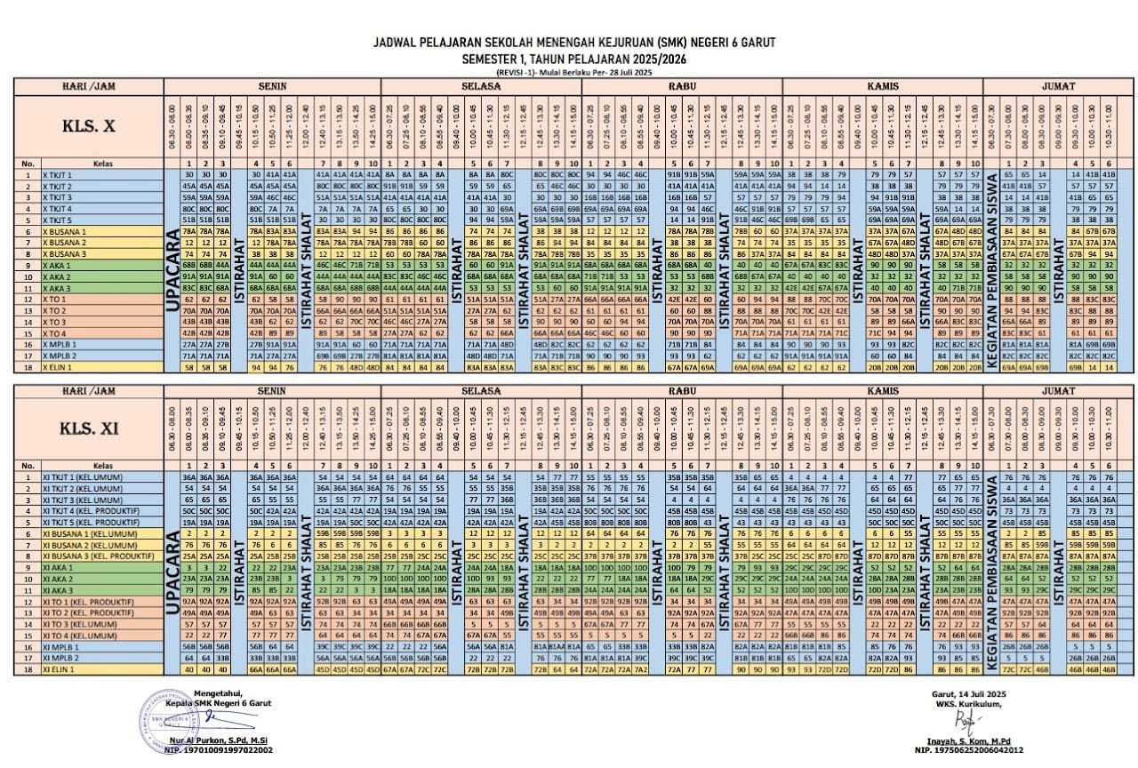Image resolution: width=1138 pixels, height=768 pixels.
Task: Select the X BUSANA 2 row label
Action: [64, 242]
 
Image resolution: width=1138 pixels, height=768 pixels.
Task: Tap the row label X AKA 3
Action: [58, 288]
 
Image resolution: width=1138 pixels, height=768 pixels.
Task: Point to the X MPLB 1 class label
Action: [60, 343]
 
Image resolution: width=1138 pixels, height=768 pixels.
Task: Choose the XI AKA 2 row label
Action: [58, 578]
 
